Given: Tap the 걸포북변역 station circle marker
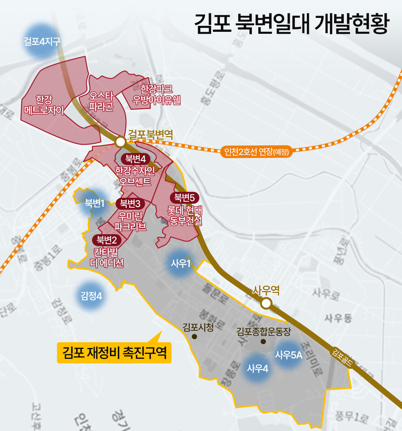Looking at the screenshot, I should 121,142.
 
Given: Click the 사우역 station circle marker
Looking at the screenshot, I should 266,303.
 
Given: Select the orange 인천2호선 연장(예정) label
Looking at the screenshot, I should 257,152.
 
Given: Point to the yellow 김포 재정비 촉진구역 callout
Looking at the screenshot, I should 114,352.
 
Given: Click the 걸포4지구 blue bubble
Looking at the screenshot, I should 42,41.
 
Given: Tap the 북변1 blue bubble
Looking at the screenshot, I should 95,203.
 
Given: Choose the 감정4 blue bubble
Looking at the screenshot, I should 91,296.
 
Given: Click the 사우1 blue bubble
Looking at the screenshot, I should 180,263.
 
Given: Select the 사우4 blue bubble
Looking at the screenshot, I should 257,368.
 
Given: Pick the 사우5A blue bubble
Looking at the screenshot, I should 288,355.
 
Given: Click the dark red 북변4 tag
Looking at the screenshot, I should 135,159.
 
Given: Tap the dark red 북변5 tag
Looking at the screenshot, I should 184,198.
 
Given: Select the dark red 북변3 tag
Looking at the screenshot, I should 130,203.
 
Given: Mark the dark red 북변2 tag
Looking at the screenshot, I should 107,240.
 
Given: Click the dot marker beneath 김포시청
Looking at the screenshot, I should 194,337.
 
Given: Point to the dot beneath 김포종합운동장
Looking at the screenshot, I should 263,342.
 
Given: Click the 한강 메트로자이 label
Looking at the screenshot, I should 44,105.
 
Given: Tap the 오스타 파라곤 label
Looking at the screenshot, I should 101,101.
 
